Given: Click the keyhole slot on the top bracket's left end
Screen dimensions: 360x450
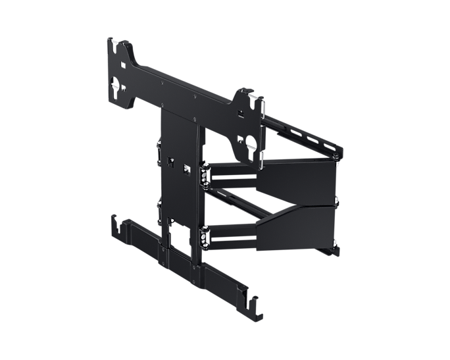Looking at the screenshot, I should coord(117,86).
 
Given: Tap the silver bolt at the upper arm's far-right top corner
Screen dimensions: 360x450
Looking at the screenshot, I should coord(337,157).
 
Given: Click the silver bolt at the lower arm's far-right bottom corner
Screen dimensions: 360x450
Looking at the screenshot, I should coord(336,249).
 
